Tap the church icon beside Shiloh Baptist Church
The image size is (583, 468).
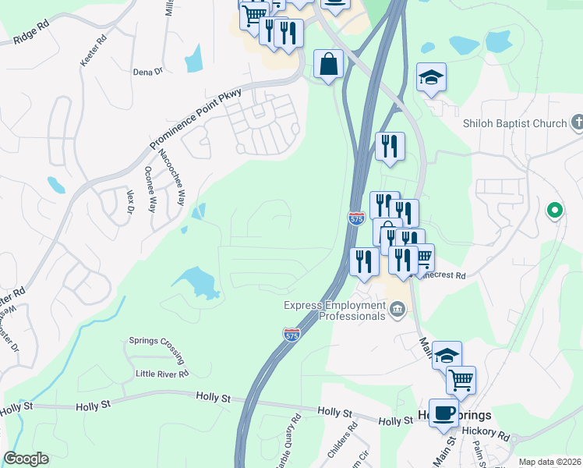pyautogui.click(x=577, y=122)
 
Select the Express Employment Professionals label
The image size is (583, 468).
pyautogui.click(x=335, y=310)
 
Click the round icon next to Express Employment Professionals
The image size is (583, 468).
pyautogui.click(x=398, y=310)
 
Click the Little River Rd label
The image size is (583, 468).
pyautogui.click(x=162, y=374)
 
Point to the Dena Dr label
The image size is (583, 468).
pyautogui.click(x=147, y=71)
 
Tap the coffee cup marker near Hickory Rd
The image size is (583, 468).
pyautogui.click(x=443, y=412)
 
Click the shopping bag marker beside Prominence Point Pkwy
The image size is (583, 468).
pyautogui.click(x=329, y=64)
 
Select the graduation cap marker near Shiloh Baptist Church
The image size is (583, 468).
pyautogui.click(x=432, y=77)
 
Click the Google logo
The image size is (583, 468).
pyautogui.click(x=26, y=459)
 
